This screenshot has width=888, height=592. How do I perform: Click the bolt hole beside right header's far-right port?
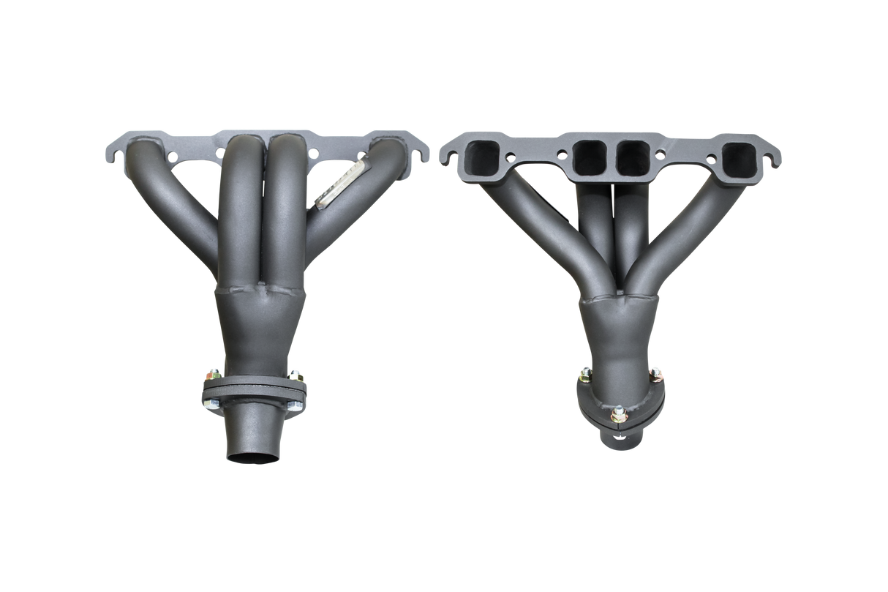point(705,154)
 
